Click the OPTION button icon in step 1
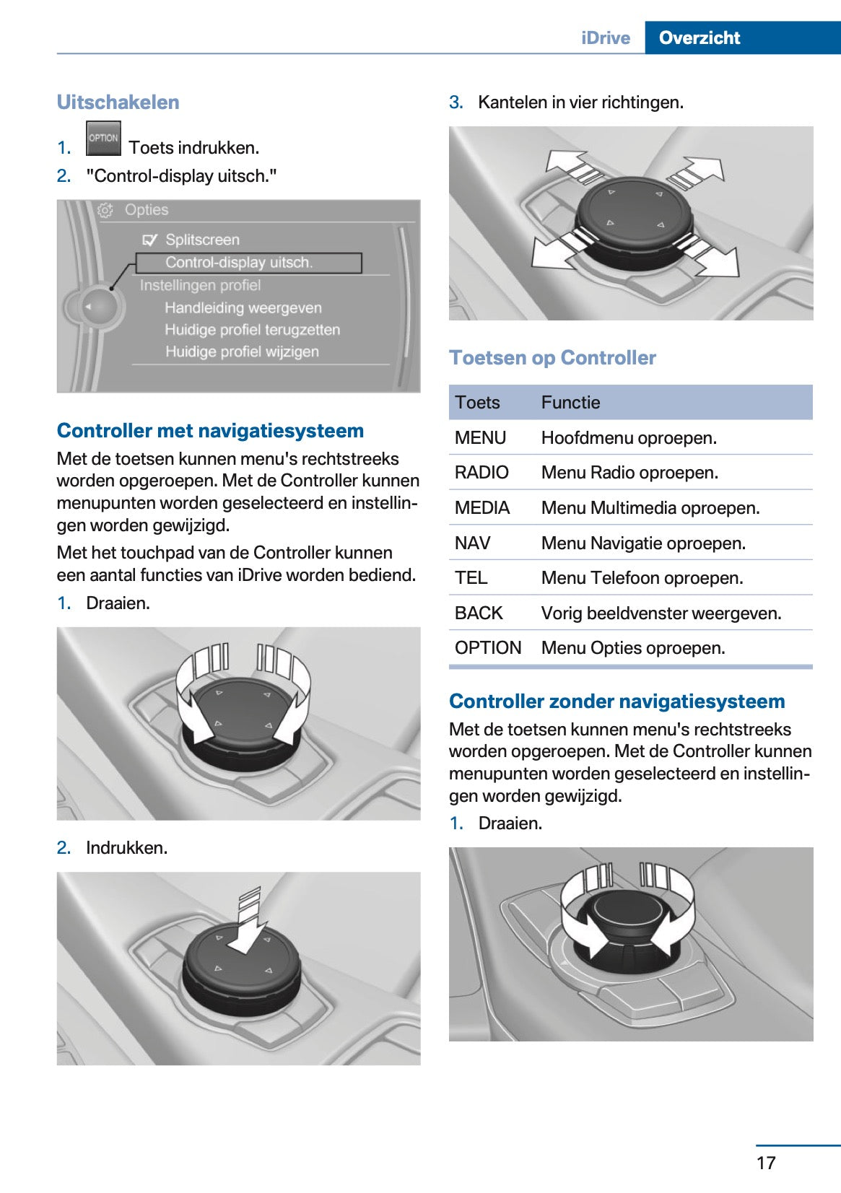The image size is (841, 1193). coord(103,139)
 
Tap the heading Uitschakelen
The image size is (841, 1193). coord(118,102)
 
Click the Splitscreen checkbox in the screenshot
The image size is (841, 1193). coord(149,240)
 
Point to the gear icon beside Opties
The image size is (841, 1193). coord(105,210)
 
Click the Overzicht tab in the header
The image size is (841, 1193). coord(699,38)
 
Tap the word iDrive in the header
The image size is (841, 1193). coord(605,38)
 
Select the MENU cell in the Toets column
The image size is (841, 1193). coord(480,438)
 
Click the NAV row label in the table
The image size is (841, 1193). coord(473,543)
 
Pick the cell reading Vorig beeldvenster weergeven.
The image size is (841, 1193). coord(661,613)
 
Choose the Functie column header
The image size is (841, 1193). coord(570,403)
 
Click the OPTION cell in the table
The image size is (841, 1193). coord(488,648)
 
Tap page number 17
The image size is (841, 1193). coord(766,1163)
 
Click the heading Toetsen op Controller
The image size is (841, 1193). coord(552,358)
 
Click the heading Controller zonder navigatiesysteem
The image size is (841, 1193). coord(616,702)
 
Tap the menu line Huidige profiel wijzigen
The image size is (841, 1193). coord(242,352)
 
